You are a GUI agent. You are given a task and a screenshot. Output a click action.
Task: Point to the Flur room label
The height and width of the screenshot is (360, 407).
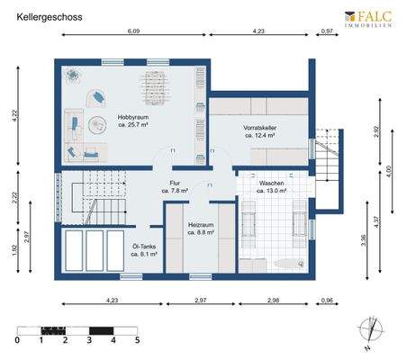point(175,186)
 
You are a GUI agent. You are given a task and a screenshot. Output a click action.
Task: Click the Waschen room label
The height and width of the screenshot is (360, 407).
point(271,186)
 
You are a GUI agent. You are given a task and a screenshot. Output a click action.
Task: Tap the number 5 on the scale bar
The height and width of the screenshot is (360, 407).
point(137,341)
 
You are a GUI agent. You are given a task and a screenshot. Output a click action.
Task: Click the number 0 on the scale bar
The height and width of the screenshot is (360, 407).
point(18,341)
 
